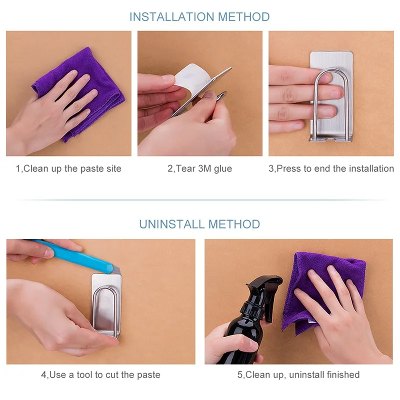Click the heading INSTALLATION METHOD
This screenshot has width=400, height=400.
(199, 17)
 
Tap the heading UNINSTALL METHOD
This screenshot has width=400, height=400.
(199, 224)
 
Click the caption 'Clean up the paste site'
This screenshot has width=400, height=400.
(72, 168)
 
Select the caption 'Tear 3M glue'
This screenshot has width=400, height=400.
(204, 168)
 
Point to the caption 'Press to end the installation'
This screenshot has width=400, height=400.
(335, 168)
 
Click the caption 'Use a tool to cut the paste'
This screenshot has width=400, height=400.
(105, 374)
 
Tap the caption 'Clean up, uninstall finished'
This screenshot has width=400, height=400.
(302, 374)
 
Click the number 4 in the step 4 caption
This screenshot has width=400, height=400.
(43, 374)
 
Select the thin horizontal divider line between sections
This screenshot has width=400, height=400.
(201, 200)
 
